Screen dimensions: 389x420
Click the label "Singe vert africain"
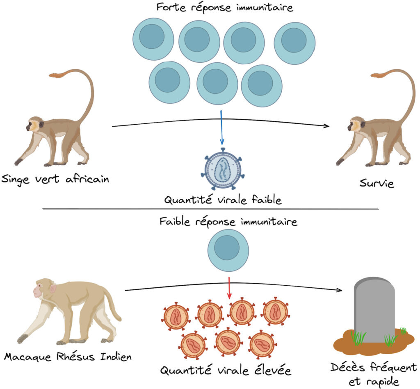click(55, 179)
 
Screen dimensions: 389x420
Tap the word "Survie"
click(377, 183)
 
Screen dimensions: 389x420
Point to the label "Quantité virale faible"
click(223, 200)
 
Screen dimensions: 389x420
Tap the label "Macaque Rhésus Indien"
click(68, 356)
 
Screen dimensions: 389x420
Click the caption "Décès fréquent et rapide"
click(373, 373)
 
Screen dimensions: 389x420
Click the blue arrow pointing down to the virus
click(222, 127)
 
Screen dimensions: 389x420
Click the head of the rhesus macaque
click(43, 289)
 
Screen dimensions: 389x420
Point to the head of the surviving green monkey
click(356, 125)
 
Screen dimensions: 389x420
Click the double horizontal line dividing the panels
click(210, 209)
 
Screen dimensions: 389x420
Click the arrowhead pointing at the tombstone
click(339, 291)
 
